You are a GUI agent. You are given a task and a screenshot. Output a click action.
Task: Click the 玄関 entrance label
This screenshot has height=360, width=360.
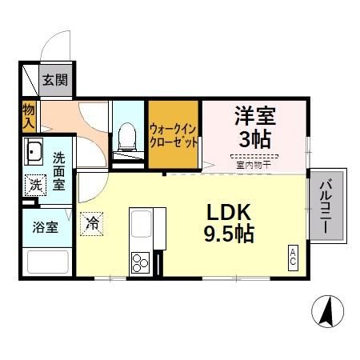tap(56, 80)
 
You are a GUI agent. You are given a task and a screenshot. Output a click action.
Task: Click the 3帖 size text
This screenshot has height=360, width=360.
tap(255, 138)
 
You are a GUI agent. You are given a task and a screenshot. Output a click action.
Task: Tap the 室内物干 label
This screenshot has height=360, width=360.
tap(254, 166)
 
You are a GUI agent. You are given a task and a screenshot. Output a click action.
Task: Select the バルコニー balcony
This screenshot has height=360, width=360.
tap(328, 206)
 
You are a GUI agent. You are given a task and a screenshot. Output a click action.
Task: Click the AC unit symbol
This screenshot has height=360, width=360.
tap(293, 258)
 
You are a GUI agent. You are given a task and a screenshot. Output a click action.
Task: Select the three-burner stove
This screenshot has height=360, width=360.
tap(141, 261)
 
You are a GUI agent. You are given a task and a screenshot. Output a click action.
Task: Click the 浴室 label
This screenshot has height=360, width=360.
tap(46, 227)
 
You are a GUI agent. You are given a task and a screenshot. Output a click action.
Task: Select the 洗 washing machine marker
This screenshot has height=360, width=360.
tap(34, 184)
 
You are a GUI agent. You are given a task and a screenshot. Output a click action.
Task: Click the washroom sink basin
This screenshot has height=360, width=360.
tap(34, 151)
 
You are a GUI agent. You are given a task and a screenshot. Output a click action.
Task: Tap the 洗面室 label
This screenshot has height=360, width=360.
tap(59, 170)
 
